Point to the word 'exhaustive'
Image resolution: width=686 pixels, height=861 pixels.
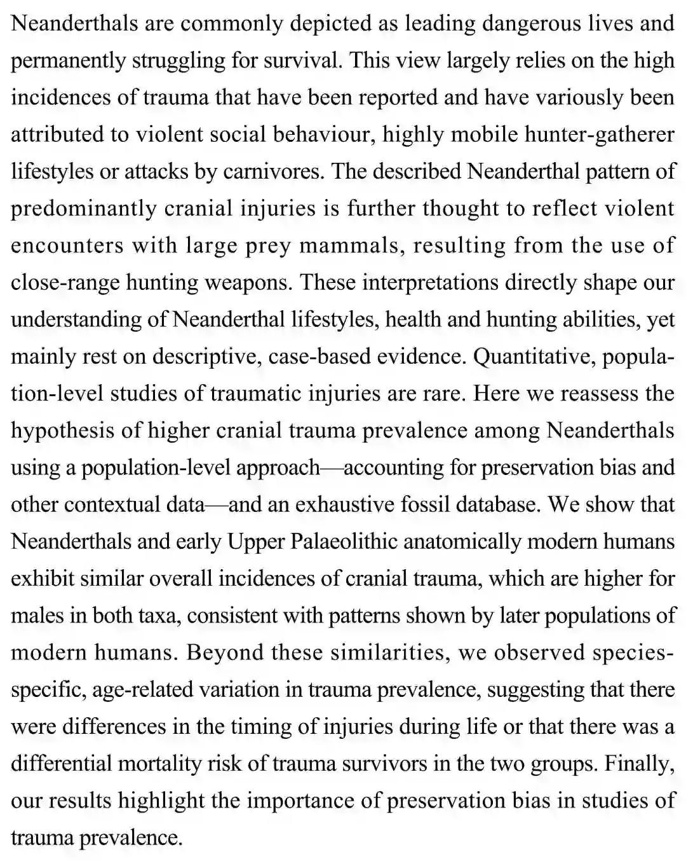pos(346,504)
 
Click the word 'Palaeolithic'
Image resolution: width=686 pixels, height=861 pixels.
pos(344,541)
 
